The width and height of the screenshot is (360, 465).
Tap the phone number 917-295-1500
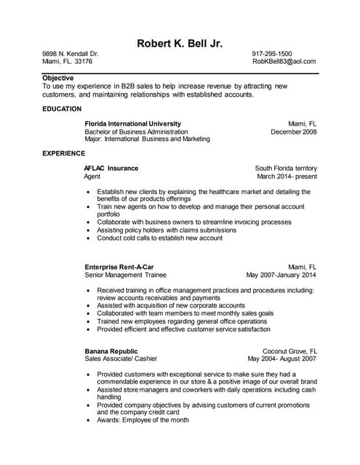[x=272, y=54]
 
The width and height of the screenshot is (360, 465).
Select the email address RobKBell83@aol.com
[x=284, y=62]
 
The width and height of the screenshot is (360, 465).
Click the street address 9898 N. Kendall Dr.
[x=71, y=54]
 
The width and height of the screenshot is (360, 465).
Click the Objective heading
[x=57, y=77]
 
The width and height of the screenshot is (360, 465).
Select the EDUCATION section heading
[x=62, y=109]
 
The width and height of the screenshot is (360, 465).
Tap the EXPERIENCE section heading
[x=64, y=153]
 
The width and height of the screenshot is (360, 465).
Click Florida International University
[x=133, y=124]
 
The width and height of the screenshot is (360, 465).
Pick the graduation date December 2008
[x=294, y=132]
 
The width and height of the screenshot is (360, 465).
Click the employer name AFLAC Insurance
[x=111, y=168]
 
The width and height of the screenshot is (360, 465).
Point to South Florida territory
[x=286, y=168]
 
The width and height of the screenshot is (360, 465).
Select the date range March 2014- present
[x=287, y=176]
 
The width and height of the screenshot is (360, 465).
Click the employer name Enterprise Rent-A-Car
[x=119, y=267]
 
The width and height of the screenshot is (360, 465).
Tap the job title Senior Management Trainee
[x=126, y=275]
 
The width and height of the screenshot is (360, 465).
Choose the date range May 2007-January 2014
[x=281, y=275]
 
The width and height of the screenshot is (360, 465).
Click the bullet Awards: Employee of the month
[x=143, y=420]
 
